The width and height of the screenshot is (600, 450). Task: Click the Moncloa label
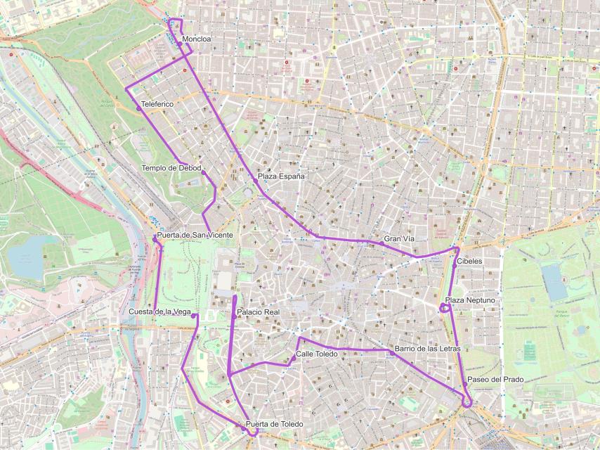[196, 39]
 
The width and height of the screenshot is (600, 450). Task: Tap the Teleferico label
[157, 104]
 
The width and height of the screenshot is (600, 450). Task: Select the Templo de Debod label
[171, 168]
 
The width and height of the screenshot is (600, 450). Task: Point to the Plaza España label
[281, 176]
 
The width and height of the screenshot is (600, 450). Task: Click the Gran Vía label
[400, 239]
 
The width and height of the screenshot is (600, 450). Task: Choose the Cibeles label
[469, 261]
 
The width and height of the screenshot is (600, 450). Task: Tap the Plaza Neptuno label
[470, 300]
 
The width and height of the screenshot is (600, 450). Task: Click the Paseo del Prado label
[495, 380]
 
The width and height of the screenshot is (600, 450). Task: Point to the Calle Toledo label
[316, 354]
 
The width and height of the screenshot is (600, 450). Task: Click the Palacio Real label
[259, 311]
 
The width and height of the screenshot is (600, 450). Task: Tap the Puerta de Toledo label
[274, 424]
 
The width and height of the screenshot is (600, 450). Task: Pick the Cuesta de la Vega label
[160, 311]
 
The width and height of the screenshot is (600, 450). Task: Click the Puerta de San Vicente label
[195, 234]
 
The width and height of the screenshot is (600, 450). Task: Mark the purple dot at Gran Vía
[381, 243]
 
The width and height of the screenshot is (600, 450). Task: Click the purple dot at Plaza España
[255, 181]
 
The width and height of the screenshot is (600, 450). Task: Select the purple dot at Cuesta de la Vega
[193, 316]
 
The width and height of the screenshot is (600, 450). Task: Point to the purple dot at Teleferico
[139, 108]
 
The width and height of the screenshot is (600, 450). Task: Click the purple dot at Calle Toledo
[294, 359]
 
